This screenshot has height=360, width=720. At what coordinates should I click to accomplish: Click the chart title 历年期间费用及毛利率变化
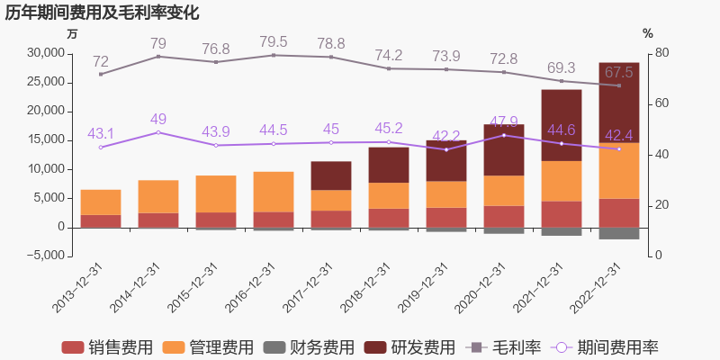coord(102,13)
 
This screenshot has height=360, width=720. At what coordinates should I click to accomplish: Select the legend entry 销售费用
coord(107,347)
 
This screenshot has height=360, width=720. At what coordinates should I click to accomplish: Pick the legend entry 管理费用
coord(209,347)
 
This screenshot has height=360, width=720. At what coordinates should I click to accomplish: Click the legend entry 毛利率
coord(504,347)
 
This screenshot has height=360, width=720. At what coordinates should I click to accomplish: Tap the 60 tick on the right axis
coord(662,103)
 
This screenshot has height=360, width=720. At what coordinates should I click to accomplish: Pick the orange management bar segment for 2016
coord(274,192)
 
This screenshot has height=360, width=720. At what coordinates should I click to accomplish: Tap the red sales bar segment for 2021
coord(562,214)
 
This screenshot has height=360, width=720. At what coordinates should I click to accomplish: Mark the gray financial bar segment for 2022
coord(619,233)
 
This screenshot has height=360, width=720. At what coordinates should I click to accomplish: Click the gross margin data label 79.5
coord(274,41)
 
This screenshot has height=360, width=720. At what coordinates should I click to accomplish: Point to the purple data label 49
coord(158,119)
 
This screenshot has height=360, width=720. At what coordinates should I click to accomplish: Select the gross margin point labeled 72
coord(101,74)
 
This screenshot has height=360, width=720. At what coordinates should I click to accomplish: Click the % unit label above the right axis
coord(648,33)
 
